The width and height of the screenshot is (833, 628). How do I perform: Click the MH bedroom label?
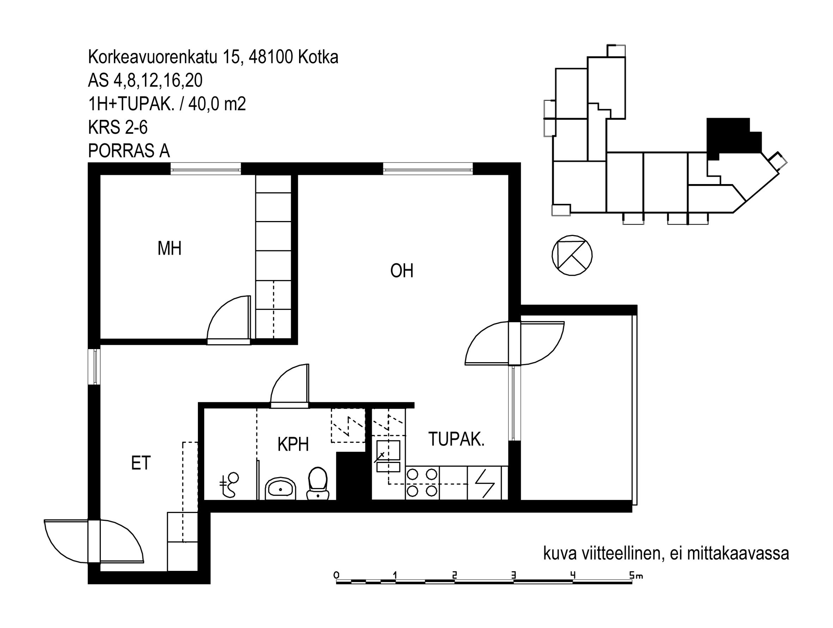pos(170,249)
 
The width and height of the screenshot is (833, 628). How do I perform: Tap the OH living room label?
pos(402,271)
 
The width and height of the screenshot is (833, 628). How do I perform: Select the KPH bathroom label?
pos(293,444)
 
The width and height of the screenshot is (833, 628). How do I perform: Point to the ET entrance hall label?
pos(141,463)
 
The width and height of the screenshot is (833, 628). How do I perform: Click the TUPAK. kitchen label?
pos(456,439)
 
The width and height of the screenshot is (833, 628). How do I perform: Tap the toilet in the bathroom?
pos(318,483)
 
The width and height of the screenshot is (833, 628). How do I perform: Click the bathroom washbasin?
pos(281,488)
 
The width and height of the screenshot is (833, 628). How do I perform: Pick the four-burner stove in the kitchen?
pos(422,483)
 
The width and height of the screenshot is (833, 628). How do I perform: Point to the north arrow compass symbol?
pos(572,255)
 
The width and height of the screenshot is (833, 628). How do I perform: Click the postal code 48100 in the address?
pos(271,57)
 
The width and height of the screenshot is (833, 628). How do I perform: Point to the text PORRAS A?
pos(129,151)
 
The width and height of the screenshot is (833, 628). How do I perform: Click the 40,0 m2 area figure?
pos(217,104)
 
